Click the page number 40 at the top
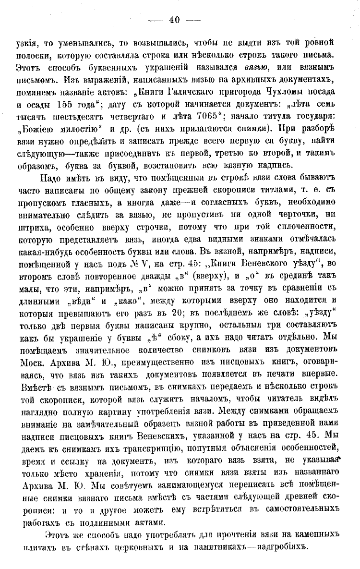[174, 20]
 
